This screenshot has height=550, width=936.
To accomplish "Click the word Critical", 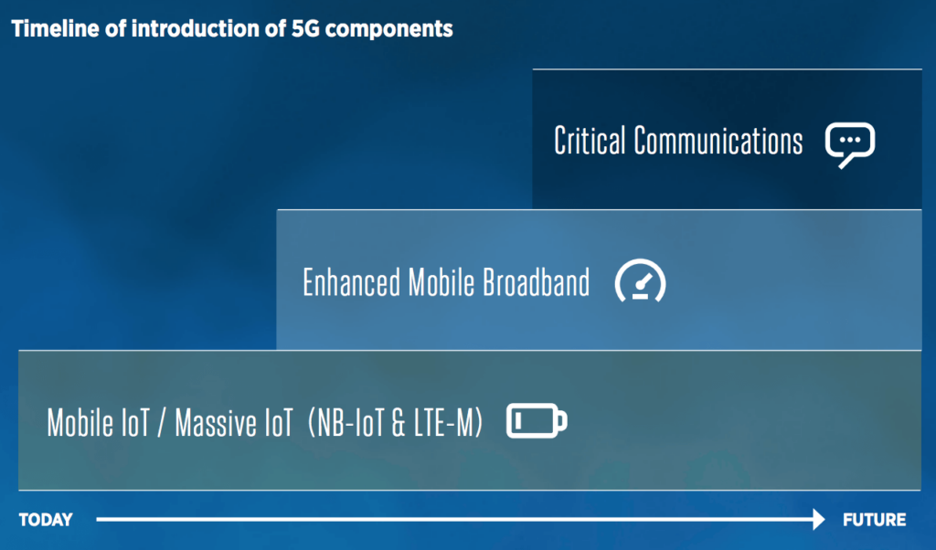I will (x=590, y=142).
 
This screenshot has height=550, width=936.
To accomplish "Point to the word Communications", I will (x=718, y=142).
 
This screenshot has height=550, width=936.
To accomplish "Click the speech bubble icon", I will (x=850, y=143).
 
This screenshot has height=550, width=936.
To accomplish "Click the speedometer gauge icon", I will (x=640, y=281).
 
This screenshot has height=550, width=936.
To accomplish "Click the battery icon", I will (x=537, y=421).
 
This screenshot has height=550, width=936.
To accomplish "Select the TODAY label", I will (x=46, y=520).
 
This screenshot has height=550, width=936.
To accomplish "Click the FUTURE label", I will (x=875, y=520).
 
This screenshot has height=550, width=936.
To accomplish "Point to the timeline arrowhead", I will (x=816, y=520).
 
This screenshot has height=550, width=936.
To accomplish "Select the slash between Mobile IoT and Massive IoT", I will (x=161, y=423).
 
